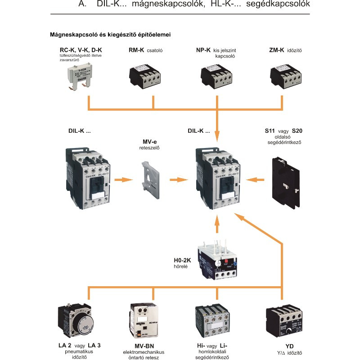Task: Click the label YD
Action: [283, 346]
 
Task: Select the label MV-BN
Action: [144, 346]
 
